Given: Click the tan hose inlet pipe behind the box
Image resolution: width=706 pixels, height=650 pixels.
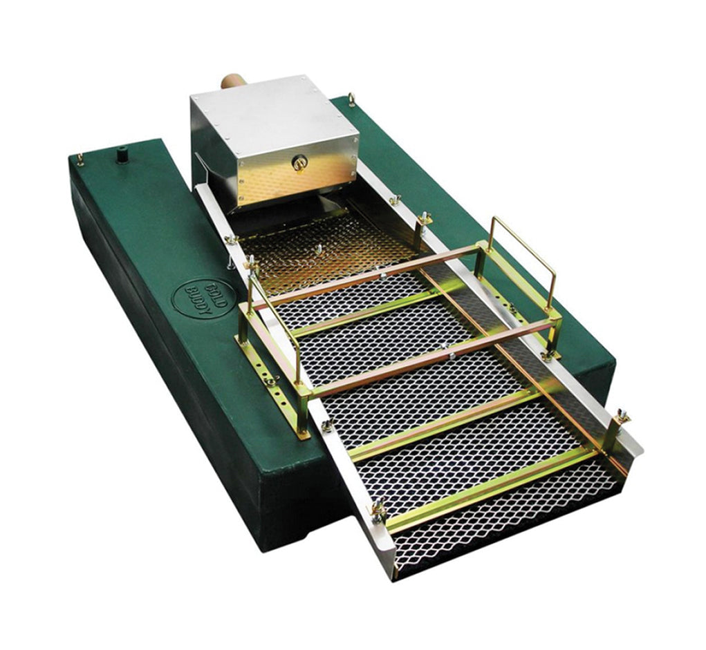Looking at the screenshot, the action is point(232,83).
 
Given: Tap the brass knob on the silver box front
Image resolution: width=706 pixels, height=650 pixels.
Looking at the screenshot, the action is point(298,163).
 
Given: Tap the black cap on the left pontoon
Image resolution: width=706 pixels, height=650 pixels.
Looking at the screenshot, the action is point(122,156).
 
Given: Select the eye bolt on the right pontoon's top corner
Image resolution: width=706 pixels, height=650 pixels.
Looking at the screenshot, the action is point(352,99).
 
